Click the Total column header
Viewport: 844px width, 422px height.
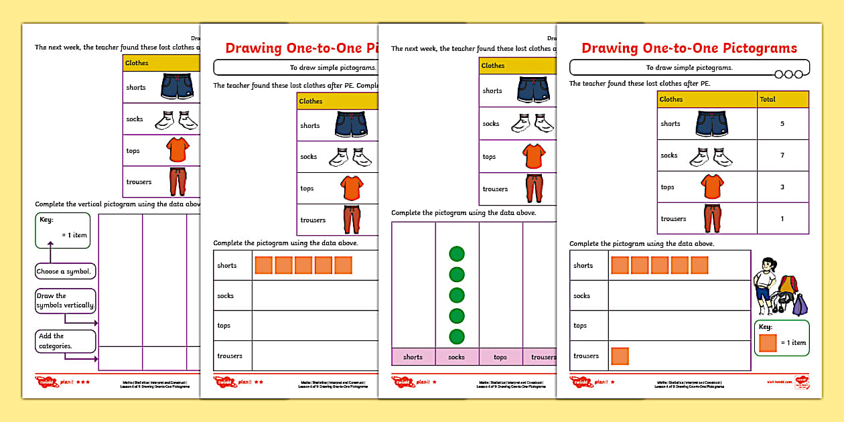click(x=768, y=99)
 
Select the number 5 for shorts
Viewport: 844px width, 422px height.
click(x=782, y=124)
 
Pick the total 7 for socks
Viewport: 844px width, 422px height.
click(x=782, y=155)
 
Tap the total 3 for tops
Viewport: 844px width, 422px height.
click(x=782, y=187)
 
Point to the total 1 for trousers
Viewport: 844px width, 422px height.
click(x=782, y=218)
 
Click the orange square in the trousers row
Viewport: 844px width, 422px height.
click(x=620, y=356)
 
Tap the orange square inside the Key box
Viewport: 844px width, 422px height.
click(x=768, y=343)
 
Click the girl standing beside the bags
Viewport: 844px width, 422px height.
click(x=764, y=285)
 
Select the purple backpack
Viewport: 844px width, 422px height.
click(x=800, y=305)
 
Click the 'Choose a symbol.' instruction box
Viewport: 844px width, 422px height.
click(x=65, y=272)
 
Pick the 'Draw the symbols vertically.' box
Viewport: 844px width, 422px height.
click(x=65, y=301)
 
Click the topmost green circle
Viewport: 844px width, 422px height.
click(x=457, y=254)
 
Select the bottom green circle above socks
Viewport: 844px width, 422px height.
click(x=457, y=336)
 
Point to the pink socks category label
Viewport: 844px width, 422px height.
click(x=457, y=357)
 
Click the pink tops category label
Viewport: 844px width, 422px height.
click(x=500, y=357)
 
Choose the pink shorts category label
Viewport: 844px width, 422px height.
click(x=413, y=357)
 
